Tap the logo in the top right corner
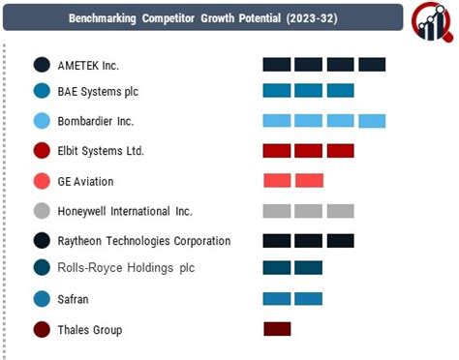tap(430, 20)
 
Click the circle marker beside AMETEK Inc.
tap(42, 65)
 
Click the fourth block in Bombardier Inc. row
tap(372, 121)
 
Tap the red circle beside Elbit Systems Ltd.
tap(42, 151)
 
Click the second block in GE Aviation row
tap(309, 181)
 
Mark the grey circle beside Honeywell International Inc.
tap(42, 211)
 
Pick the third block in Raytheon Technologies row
tap(341, 240)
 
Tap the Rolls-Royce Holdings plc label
tap(125, 267)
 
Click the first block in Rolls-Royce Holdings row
tap(277, 268)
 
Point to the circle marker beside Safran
tap(42, 299)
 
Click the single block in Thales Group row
tap(277, 329)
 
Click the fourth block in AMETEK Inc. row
tap(372, 65)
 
